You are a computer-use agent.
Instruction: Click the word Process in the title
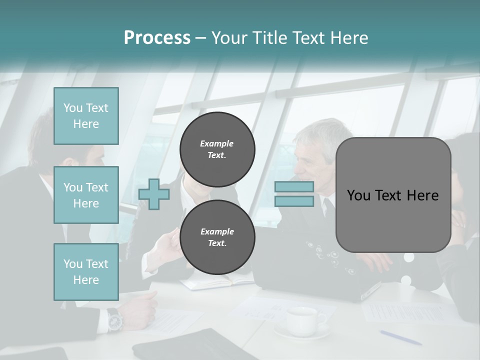[157, 37]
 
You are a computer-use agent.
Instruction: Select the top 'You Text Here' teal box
[86, 116]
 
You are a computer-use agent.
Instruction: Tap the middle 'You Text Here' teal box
[86, 195]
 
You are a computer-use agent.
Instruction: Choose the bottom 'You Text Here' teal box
[86, 272]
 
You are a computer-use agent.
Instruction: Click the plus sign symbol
[154, 194]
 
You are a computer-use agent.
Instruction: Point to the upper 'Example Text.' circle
[217, 149]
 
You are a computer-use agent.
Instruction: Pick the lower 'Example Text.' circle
[217, 237]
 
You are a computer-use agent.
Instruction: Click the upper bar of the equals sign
[294, 187]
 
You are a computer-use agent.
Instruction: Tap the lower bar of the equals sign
[294, 201]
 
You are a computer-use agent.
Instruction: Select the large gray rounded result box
[393, 195]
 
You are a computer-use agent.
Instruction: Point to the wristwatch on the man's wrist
[114, 319]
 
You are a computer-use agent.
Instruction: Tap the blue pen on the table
[400, 337]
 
